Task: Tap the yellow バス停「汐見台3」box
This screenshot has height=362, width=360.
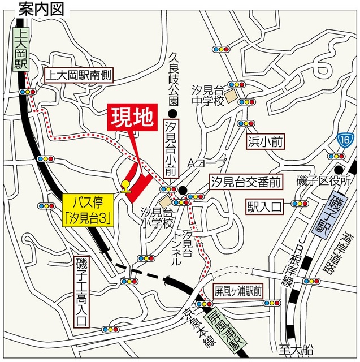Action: (x=86, y=209)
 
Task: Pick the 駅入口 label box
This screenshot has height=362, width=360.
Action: (x=263, y=206)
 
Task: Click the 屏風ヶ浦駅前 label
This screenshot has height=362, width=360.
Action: (x=237, y=291)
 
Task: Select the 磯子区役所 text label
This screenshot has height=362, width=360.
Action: (x=325, y=181)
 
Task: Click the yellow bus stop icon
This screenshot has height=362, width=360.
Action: (x=125, y=185)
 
